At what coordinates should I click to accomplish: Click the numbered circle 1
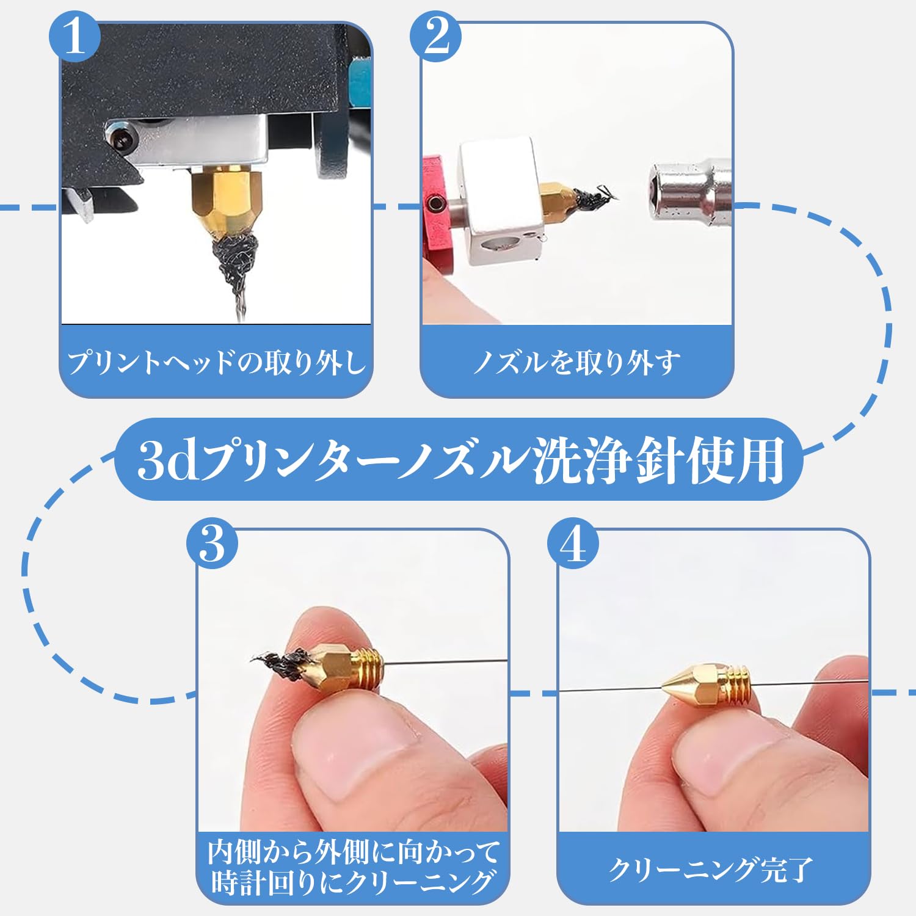[74, 36]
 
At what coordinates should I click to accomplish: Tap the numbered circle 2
[436, 36]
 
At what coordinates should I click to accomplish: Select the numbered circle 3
[213, 543]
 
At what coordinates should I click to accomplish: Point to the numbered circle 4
[573, 543]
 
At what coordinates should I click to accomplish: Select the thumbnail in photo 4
[721, 757]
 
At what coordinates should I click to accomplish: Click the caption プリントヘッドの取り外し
[217, 362]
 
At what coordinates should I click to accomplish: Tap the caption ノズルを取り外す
[576, 362]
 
